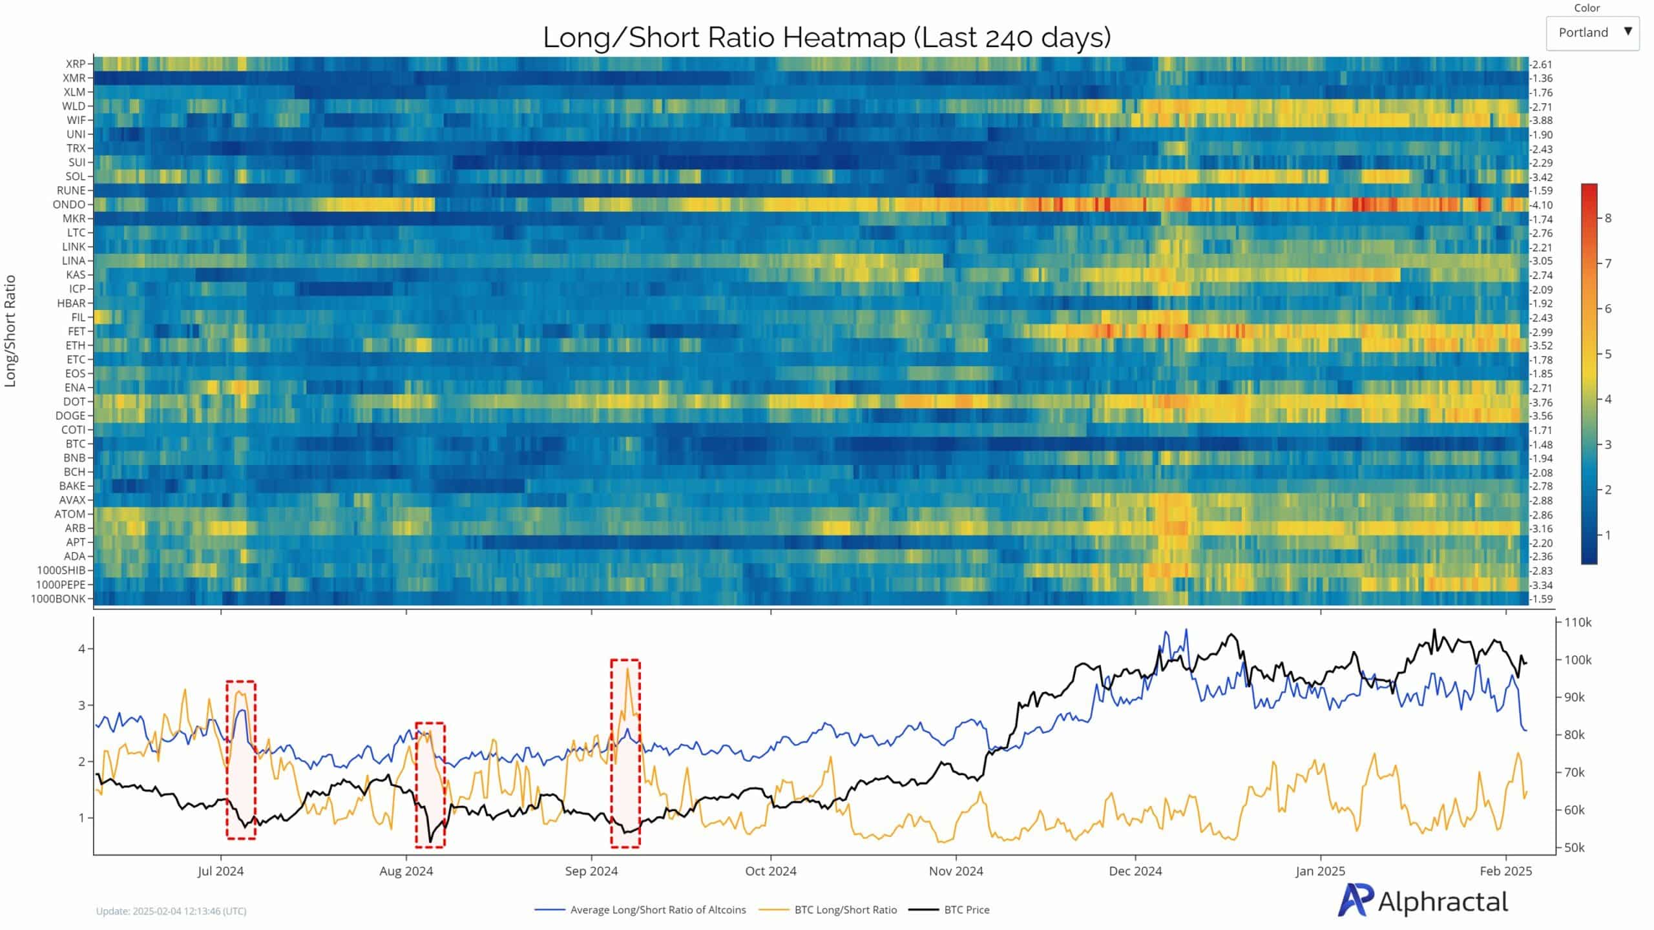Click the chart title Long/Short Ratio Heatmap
coord(826,37)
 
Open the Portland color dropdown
coord(1592,33)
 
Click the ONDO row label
coord(69,205)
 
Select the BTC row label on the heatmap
coord(75,444)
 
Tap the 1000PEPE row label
coord(60,584)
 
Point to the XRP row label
coord(75,64)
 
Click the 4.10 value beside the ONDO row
coord(1542,205)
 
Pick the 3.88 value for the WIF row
coord(1542,121)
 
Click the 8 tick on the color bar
coord(1608,218)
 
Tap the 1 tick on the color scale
coord(1608,535)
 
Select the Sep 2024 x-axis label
coord(591,871)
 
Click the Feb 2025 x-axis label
coord(1505,871)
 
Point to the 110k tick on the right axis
coord(1577,623)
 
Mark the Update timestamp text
coord(171,911)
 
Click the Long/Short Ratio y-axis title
coord(10,331)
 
